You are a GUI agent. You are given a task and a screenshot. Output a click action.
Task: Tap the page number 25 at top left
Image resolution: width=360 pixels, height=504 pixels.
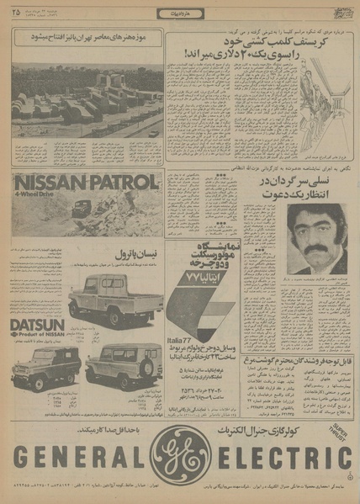17,12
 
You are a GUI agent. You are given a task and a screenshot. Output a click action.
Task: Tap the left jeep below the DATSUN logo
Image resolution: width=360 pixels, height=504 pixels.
46,366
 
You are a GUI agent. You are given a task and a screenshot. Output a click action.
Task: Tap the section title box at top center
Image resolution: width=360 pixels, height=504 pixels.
180,13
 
